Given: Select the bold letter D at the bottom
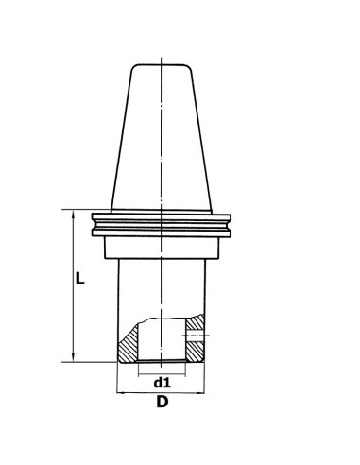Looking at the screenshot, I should pos(162,404).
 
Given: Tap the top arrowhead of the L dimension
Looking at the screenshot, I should pos(70,212).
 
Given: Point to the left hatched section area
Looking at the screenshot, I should pos(129,345).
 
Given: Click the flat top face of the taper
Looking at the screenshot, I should pos(162,64).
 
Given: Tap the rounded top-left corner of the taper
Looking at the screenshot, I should pos(132,67).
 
